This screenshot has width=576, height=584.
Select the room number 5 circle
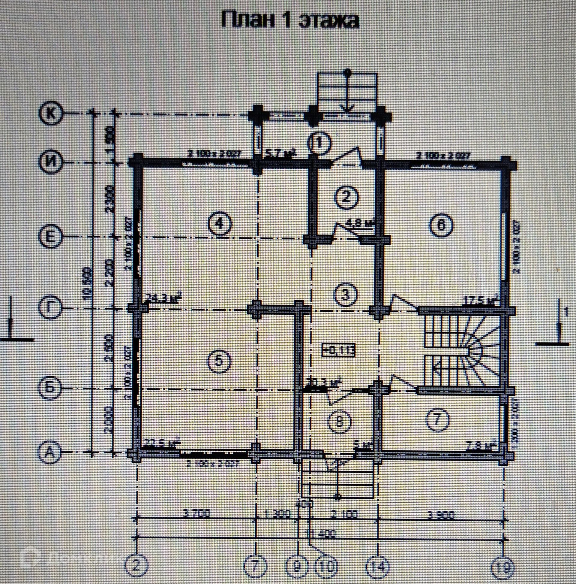click(x=219, y=361)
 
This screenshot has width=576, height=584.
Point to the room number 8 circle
click(x=340, y=421)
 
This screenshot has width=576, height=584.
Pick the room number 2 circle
click(x=346, y=198)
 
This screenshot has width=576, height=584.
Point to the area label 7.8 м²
click(x=481, y=454)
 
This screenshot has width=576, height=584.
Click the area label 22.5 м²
click(x=162, y=451)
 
